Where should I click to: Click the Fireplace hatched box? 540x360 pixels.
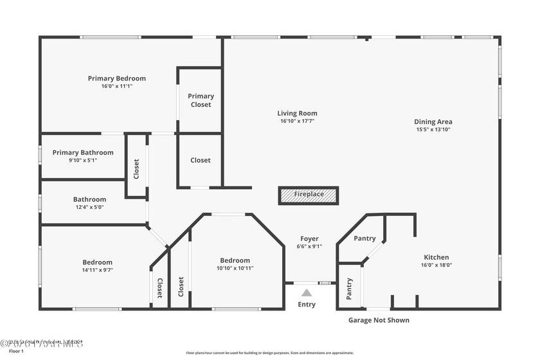308,195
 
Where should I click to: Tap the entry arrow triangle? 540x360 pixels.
307,293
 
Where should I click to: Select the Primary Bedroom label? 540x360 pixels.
117,78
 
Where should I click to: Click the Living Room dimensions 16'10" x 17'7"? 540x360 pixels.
297,121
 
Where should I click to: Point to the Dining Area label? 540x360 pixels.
433,122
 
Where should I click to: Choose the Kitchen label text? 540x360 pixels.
437,257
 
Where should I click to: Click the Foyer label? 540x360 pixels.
309,239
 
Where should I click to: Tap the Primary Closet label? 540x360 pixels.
201,100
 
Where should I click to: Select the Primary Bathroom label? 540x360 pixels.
83,152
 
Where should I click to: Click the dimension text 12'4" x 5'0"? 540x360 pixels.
89,207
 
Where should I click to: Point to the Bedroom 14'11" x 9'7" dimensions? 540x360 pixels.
97,270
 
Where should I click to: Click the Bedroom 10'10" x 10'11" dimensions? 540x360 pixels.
235,268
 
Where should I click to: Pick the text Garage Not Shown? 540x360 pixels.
379,320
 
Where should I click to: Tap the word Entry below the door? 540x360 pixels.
307,304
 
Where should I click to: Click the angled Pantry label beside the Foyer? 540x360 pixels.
364,239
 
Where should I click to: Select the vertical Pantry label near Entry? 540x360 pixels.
349,289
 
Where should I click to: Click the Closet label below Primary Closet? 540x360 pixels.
200,160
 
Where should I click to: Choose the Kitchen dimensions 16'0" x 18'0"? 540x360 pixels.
437,265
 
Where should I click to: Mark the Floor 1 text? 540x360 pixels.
15,352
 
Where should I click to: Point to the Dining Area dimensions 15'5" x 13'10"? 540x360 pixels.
433,129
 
